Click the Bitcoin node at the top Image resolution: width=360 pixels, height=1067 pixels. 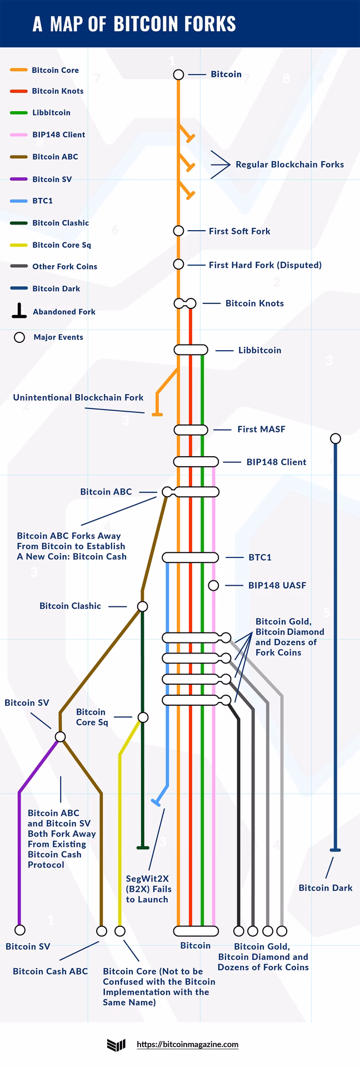point(178,74)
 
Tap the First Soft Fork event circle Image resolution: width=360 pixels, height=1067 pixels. point(178,231)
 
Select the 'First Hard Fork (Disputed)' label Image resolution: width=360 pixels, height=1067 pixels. point(265,265)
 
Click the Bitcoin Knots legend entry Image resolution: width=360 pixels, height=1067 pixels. point(57,91)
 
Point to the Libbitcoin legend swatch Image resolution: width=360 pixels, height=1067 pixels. point(18,113)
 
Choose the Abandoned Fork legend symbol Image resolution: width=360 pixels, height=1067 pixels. point(19,311)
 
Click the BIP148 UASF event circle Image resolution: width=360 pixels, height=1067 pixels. point(213,585)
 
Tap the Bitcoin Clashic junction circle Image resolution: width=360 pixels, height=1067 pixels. point(142,606)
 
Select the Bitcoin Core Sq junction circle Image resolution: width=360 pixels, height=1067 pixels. point(143,717)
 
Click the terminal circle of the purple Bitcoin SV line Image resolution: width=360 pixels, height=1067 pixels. point(20,930)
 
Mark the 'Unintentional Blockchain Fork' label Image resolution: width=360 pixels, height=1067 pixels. point(78,398)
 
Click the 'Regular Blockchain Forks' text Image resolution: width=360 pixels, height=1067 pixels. point(289,164)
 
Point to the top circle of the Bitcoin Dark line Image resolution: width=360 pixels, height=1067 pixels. point(335,438)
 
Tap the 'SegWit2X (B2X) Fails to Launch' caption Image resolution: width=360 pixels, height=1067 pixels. point(148,889)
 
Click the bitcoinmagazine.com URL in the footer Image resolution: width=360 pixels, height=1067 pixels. point(187,1045)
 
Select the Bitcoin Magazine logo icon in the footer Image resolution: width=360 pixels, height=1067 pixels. point(116,1045)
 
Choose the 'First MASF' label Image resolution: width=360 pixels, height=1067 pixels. point(261,430)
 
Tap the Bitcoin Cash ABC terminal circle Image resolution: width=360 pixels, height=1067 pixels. point(102,931)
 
